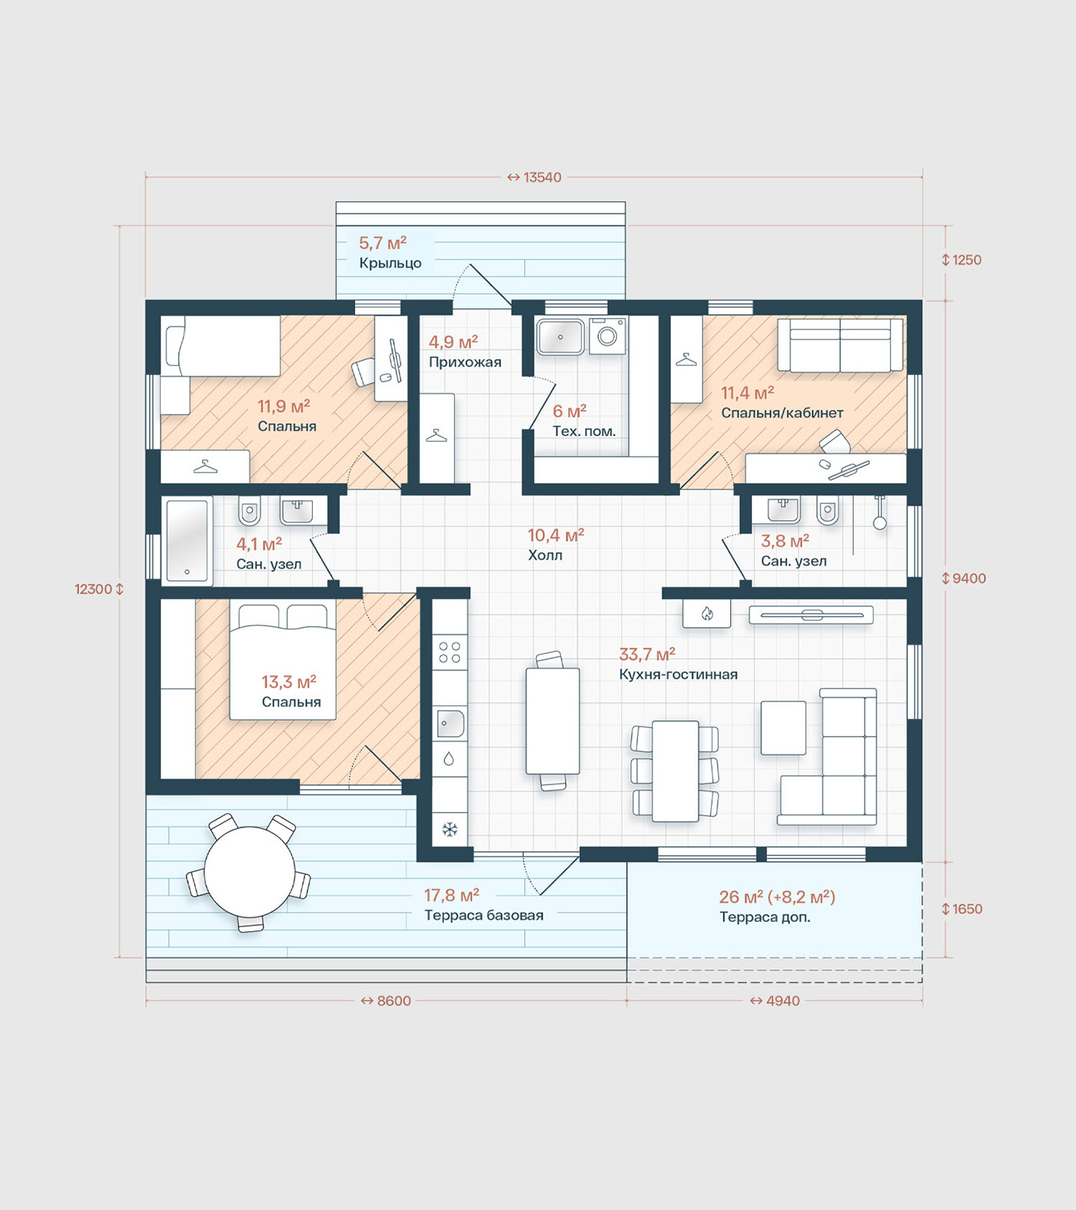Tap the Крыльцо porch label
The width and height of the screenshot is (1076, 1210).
[x=390, y=264]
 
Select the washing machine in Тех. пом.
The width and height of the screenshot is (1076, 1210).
[x=607, y=336]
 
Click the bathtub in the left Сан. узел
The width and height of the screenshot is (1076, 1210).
[x=187, y=542]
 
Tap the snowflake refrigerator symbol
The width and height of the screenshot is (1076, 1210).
[x=450, y=829]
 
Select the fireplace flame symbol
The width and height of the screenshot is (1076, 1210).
[x=707, y=614]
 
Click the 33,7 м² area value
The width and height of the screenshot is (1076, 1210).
[x=647, y=655]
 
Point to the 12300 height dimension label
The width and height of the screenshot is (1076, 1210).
[x=93, y=589]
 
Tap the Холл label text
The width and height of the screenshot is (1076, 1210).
[x=545, y=555]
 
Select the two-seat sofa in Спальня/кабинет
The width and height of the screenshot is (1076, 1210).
[x=840, y=345]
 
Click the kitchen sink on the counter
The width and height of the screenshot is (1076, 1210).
[x=450, y=724]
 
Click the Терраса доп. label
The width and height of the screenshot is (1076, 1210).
[x=765, y=917]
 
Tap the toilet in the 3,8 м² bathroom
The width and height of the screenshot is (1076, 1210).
[x=827, y=511]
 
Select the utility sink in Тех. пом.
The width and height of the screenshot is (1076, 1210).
[x=560, y=336]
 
